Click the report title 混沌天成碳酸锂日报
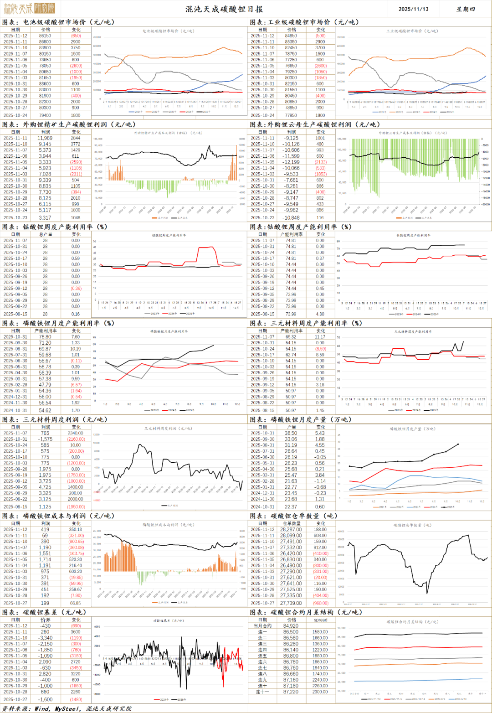[224, 9]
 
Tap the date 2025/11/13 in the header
[413, 9]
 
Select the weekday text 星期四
[466, 9]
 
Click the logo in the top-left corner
[29, 8]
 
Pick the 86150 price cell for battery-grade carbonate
[45, 36]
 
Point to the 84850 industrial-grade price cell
[291, 36]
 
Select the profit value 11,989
[45, 138]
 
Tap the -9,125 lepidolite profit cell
[291, 138]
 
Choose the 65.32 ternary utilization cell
[291, 337]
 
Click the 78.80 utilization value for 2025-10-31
[45, 337]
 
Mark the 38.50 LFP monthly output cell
[291, 433]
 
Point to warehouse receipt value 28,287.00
[291, 529]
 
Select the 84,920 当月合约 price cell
[291, 626]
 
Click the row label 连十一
[263, 692]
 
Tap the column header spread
[320, 620]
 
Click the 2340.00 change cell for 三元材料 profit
[76, 433]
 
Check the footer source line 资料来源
[67, 708]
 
